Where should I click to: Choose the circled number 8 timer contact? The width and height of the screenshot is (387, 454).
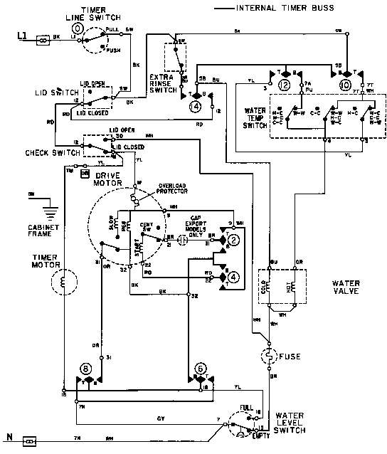point(86,370)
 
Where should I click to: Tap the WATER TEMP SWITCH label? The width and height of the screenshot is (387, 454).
point(255,117)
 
